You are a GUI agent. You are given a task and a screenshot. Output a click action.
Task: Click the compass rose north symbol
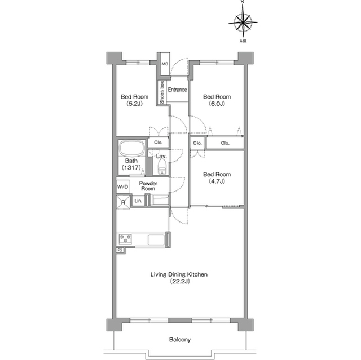coord(243,23)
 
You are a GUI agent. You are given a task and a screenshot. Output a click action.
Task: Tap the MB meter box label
coord(165,64)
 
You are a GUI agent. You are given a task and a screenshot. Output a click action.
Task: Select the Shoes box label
coord(162,92)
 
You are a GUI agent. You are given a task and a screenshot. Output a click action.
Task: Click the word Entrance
coord(177,90)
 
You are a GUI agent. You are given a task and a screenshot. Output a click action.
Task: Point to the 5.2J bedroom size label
coord(134,104)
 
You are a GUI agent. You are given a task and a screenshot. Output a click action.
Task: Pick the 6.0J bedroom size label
coord(217,104)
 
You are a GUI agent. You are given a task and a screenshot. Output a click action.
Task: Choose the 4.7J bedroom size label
coord(217,181)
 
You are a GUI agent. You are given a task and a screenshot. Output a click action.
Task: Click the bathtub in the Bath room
coord(131,149)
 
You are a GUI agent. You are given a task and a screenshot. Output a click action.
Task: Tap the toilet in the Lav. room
coord(162,167)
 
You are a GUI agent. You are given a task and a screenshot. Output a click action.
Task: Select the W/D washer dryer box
coord(123,186)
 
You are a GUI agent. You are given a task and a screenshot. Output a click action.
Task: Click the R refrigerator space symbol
coord(123,202)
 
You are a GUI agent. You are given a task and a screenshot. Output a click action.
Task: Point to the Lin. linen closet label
coord(138,201)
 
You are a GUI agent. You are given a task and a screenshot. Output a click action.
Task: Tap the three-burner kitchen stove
coord(125,239)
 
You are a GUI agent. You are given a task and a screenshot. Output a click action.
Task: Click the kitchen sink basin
coord(156,240)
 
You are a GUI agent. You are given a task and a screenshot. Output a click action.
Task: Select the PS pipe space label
coord(120,250)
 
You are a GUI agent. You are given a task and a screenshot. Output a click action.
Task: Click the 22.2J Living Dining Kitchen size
coord(180,281)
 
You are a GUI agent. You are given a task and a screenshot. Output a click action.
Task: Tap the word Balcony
coord(180,340)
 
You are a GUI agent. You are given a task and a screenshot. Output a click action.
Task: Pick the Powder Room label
coord(148,186)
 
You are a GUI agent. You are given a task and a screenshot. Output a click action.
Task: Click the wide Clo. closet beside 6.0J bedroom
coord(225,143)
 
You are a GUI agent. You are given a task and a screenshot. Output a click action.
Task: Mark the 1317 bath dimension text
coord(131,167)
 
